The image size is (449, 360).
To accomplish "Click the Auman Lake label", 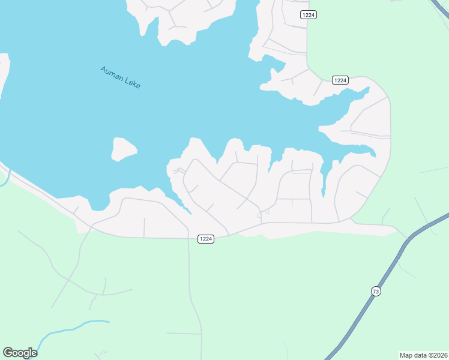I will (x=120, y=77).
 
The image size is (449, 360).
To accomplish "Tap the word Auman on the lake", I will (x=111, y=73).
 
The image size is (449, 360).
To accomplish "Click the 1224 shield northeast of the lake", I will (x=340, y=80).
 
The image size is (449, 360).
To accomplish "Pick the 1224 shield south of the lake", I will (x=205, y=239).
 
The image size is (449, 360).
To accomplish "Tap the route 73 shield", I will (x=376, y=292).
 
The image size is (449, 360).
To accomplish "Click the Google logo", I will (x=20, y=353).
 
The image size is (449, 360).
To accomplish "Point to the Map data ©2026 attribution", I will (x=424, y=355).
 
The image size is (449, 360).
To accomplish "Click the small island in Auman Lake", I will (x=123, y=149).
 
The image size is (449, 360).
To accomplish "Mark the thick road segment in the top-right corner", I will (x=439, y=7).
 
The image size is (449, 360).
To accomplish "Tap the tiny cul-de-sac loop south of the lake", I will (x=263, y=213).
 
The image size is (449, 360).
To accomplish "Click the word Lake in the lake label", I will (x=133, y=83).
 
